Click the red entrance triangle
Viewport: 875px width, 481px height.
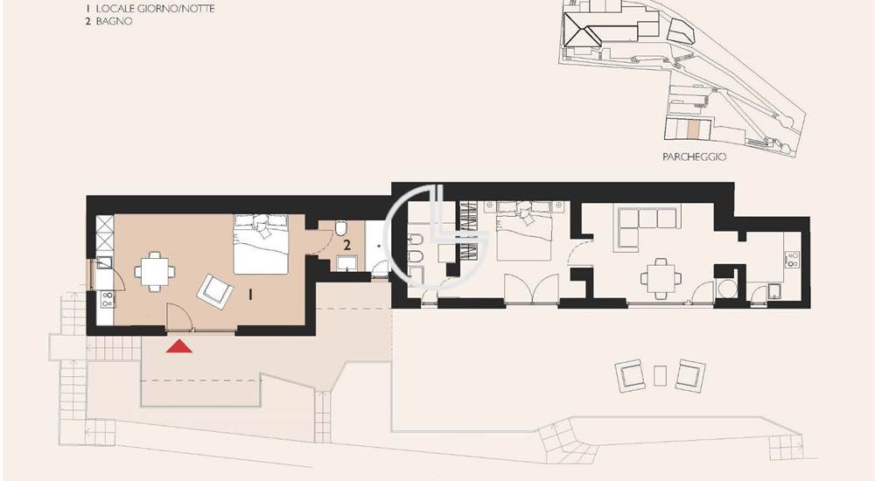click(x=179, y=347)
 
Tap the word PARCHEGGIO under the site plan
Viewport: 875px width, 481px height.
click(x=694, y=157)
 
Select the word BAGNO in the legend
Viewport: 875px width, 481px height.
click(x=114, y=21)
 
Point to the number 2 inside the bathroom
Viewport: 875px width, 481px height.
click(x=347, y=244)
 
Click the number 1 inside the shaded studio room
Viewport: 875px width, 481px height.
click(x=250, y=294)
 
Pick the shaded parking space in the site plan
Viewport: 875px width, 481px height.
click(x=692, y=129)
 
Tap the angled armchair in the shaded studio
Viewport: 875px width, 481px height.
click(x=215, y=291)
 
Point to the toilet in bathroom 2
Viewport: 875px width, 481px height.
click(x=341, y=227)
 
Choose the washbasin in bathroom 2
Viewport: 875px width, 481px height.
click(x=346, y=263)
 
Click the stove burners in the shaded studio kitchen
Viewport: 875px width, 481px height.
click(x=106, y=299)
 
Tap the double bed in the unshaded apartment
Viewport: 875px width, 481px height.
click(x=524, y=231)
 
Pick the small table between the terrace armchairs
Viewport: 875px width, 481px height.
click(x=660, y=375)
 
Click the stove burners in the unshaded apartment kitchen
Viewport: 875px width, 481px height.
click(x=792, y=260)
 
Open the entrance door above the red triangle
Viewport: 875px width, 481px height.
click(x=179, y=317)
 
